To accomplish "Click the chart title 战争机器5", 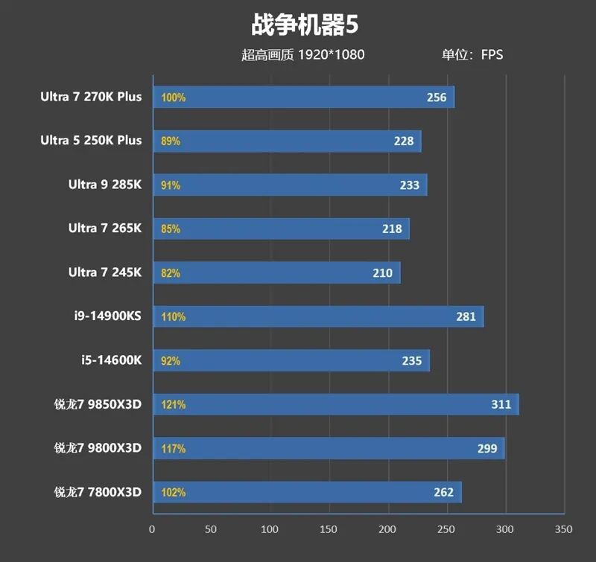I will tap(305, 25).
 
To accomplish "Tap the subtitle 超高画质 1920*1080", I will tap(302, 54).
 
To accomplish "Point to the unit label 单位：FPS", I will tap(472, 54).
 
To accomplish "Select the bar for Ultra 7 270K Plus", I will tap(303, 98).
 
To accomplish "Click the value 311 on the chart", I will tap(501, 404).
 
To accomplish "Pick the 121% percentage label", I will tap(174, 405).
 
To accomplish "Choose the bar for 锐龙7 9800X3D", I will tap(329, 448).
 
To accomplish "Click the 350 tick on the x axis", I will tap(564, 529).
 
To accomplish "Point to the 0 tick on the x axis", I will tap(152, 529).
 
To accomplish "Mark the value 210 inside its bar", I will tap(382, 273).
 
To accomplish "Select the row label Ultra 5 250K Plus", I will tap(91, 140).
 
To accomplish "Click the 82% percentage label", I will tap(171, 273).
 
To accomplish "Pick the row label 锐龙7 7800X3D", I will tap(98, 492).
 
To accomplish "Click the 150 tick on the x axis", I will tap(329, 529).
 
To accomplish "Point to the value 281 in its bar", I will tap(466, 316).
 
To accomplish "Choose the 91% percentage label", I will tap(171, 185).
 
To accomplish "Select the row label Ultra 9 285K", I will tap(105, 185).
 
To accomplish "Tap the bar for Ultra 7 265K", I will tap(281, 229).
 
